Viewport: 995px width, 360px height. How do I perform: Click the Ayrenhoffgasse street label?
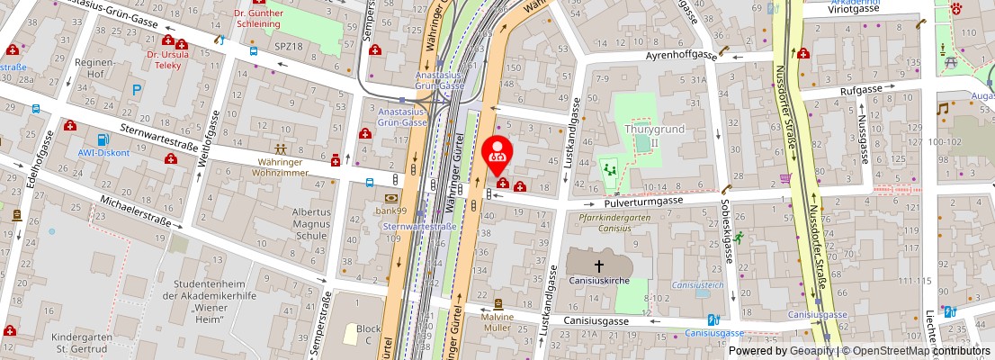click(680, 56)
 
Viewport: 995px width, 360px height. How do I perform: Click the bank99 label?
click(390, 211)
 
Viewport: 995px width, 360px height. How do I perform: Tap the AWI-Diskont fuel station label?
click(103, 153)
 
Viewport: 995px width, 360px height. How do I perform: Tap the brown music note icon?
click(943, 108)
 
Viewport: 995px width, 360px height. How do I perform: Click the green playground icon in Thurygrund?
click(610, 167)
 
